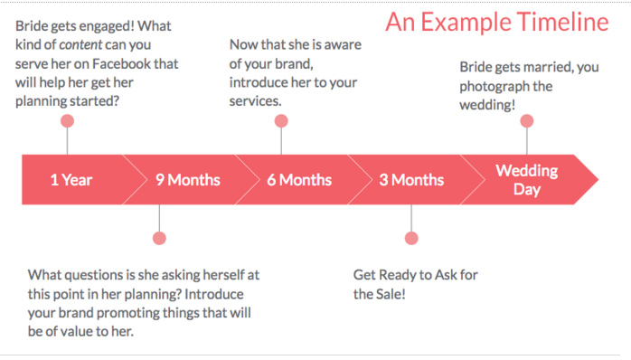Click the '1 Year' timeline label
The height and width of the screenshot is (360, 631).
pos(71,180)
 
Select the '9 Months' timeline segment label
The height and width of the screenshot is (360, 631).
pos(187,180)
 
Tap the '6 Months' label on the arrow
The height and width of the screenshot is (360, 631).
pos(299,180)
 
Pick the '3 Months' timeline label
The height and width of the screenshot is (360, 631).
pos(411,180)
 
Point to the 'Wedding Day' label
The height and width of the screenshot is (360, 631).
pos(527,179)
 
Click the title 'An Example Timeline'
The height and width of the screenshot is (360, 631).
pos(497,23)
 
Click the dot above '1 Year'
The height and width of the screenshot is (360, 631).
pos(67,121)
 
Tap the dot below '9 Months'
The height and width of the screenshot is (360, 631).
pos(159,238)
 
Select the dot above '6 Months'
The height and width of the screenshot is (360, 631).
pos(281,121)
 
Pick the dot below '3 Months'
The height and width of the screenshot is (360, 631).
pos(411,238)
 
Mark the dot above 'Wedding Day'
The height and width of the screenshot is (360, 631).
pos(527,121)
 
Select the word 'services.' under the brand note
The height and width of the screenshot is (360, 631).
pos(256,100)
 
